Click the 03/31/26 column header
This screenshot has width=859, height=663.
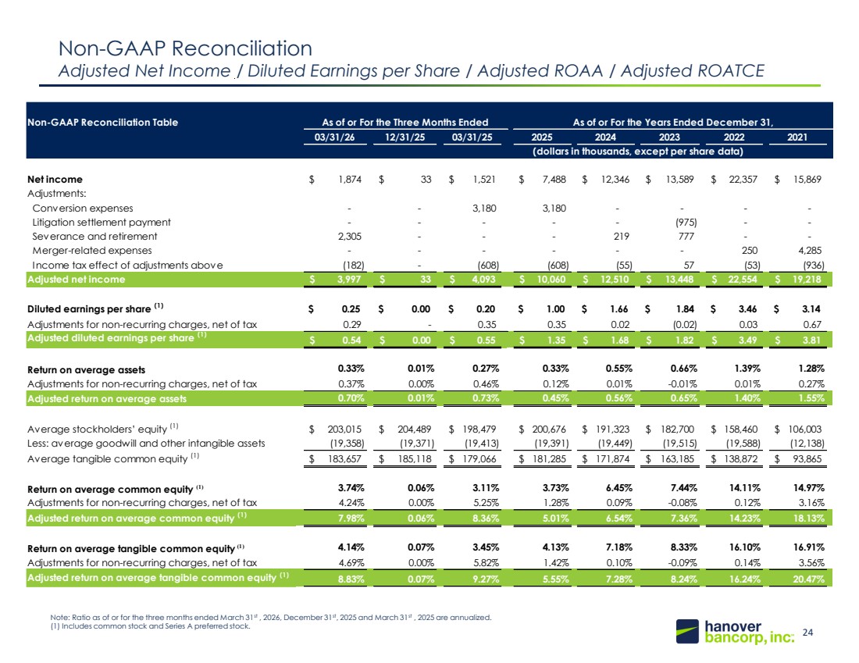coord(334,137)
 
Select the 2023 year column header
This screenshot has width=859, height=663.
coord(669,137)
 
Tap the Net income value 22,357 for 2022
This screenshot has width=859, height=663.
coord(743,179)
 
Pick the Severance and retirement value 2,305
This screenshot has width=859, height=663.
coord(350,236)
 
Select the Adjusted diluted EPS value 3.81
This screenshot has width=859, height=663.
coord(811,340)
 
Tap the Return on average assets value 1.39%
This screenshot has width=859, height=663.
coord(747,369)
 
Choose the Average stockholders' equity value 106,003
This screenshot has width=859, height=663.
coord(805,429)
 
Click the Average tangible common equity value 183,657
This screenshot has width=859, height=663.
coord(344,458)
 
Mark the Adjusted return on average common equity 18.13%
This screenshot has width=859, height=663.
coord(808,518)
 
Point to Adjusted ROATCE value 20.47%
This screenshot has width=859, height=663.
coord(808,579)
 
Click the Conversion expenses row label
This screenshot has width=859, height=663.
coord(83,209)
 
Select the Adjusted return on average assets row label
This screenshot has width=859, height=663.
coord(107,399)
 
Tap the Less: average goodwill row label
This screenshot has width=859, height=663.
coord(146,444)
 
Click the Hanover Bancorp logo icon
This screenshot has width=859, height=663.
coord(687,631)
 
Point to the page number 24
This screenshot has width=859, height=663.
coord(807,633)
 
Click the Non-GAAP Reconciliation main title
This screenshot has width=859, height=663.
coord(185,48)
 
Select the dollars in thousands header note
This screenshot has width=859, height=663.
coord(638,151)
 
